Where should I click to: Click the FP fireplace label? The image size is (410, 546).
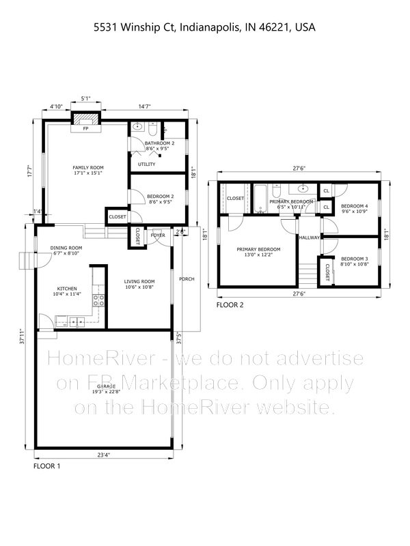tap(86, 128)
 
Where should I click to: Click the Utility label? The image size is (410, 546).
tap(146, 164)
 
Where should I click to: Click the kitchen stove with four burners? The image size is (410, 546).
tap(98, 300)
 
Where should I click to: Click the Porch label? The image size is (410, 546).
tap(187, 279)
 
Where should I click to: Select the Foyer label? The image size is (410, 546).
tap(158, 235)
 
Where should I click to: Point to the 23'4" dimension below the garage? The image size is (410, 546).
tap(104, 455)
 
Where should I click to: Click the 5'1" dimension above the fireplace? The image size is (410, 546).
tap(86, 98)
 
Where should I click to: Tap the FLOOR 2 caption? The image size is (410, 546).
tap(230, 305)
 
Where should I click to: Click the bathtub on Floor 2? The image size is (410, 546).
tap(260, 198)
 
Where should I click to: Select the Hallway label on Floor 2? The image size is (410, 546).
tap(310, 238)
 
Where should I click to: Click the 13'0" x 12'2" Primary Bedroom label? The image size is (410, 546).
tap(258, 252)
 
